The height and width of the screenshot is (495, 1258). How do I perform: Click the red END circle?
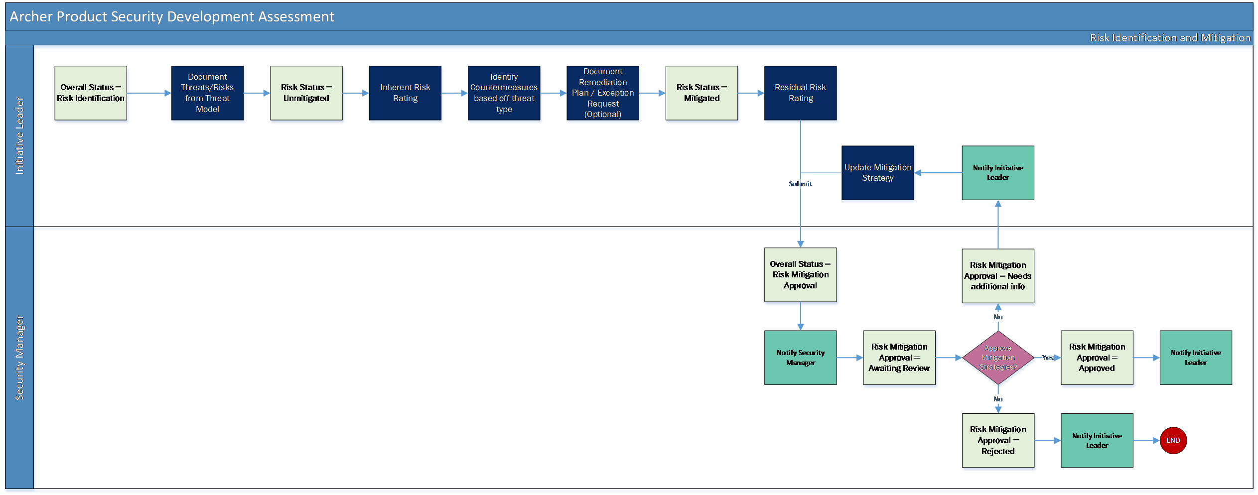1173,440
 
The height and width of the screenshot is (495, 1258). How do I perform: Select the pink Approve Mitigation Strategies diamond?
998,358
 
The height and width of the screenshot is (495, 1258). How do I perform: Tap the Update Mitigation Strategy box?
878,173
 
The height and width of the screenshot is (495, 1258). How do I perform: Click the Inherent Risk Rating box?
405,93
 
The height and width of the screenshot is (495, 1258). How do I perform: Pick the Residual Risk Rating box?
801,93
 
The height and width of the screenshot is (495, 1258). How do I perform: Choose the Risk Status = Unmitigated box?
306,93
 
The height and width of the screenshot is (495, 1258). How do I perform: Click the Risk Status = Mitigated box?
701,93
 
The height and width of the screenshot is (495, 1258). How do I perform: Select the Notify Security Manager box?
801,358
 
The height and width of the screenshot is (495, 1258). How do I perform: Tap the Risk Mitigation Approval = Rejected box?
998,440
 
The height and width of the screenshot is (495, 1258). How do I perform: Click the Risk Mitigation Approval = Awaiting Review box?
899,358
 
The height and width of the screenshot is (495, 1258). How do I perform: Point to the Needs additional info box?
998,276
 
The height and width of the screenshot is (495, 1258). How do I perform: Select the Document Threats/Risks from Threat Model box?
207,93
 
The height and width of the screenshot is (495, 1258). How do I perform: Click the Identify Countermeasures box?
504,93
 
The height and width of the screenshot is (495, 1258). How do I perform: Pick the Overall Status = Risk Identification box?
91,93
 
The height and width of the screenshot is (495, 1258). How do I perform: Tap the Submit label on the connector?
800,184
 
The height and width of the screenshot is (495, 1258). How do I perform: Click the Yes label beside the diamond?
1048,358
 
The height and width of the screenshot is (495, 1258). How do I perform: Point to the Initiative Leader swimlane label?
19,135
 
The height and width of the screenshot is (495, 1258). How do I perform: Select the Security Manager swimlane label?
19,358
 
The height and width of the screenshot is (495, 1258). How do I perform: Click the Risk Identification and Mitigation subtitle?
1170,38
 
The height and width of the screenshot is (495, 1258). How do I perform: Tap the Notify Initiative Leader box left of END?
1097,440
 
